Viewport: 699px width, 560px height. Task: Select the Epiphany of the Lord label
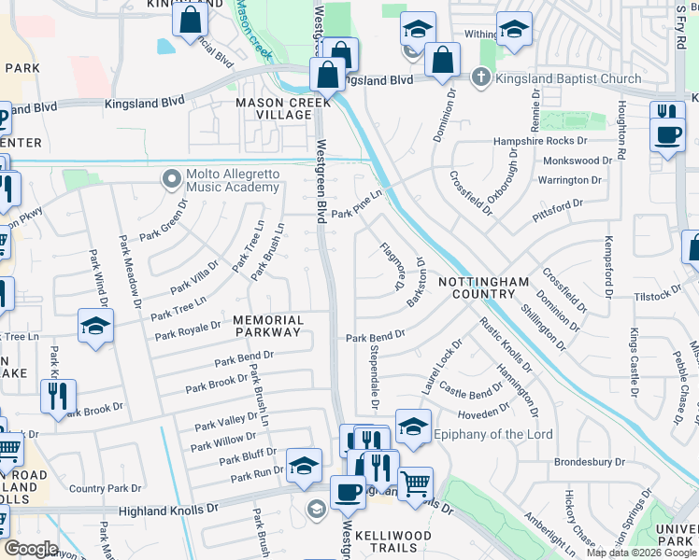pyautogui.click(x=494, y=434)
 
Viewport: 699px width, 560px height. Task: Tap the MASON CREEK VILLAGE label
pyautogui.click(x=273, y=108)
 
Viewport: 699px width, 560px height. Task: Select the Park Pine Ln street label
pyautogui.click(x=356, y=203)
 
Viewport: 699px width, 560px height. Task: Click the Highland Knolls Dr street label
pyautogui.click(x=168, y=511)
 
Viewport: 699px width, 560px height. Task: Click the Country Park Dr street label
pyautogui.click(x=106, y=488)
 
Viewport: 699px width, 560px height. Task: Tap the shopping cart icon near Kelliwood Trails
pyautogui.click(x=415, y=483)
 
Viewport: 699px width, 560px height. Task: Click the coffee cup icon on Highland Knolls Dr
pyautogui.click(x=348, y=491)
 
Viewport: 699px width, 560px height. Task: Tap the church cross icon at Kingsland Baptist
pyautogui.click(x=481, y=77)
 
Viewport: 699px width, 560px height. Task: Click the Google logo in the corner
pyautogui.click(x=31, y=549)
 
